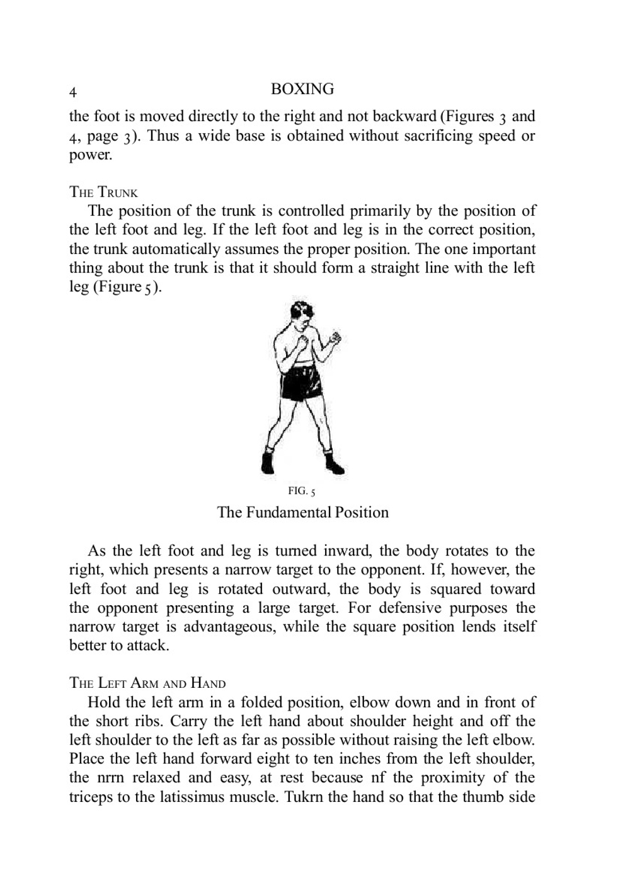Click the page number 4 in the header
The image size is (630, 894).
pyautogui.click(x=73, y=92)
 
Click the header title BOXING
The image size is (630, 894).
pyautogui.click(x=302, y=89)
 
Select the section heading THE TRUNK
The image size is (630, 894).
pyautogui.click(x=103, y=192)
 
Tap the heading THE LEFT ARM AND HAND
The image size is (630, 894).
pyautogui.click(x=147, y=683)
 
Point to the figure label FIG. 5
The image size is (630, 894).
pyautogui.click(x=302, y=491)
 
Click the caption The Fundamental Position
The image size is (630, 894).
pyautogui.click(x=302, y=512)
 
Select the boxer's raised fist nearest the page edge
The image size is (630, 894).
pyautogui.click(x=335, y=338)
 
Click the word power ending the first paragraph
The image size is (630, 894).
pyautogui.click(x=90, y=155)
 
